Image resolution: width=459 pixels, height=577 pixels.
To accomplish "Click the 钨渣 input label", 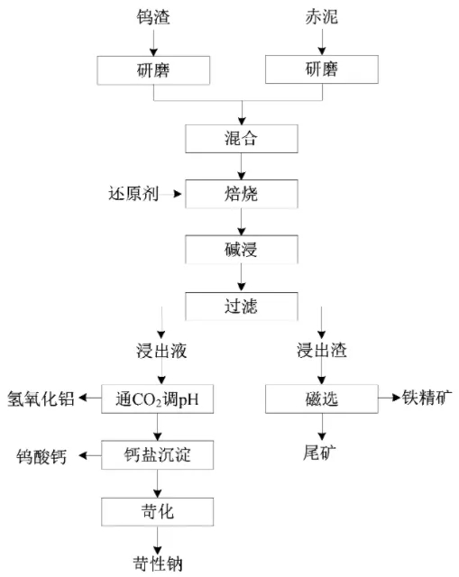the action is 153,17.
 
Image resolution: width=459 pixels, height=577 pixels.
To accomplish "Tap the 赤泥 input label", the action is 321,17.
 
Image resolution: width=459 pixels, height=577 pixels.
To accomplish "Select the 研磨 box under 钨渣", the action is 153,70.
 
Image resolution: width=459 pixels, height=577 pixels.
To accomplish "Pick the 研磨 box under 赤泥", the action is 322,69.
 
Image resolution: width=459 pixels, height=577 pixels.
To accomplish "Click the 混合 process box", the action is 242,139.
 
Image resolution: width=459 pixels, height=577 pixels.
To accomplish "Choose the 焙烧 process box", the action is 242,194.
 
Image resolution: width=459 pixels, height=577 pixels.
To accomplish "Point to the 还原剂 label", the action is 133,194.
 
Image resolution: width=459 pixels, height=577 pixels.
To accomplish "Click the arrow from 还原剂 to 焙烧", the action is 171,194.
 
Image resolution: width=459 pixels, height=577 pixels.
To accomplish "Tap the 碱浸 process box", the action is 242,250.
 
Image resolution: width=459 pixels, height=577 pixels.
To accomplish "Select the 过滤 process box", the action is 242,307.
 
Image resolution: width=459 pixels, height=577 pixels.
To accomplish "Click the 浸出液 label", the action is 161,351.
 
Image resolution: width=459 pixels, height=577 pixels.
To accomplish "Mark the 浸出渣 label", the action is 322,350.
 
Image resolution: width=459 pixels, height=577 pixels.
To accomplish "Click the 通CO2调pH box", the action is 158,398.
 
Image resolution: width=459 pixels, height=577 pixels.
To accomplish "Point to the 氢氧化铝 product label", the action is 41,398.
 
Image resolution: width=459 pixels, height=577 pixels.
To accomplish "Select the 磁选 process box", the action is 322,398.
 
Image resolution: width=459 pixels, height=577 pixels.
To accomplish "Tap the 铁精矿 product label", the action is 427,398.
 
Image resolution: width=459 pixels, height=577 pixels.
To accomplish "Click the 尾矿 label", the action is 319,453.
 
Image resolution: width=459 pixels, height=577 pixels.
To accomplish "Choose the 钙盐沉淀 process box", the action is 158,455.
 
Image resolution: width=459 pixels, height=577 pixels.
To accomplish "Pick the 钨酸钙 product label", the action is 41,457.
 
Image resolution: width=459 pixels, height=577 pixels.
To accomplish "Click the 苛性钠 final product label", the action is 158,563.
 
